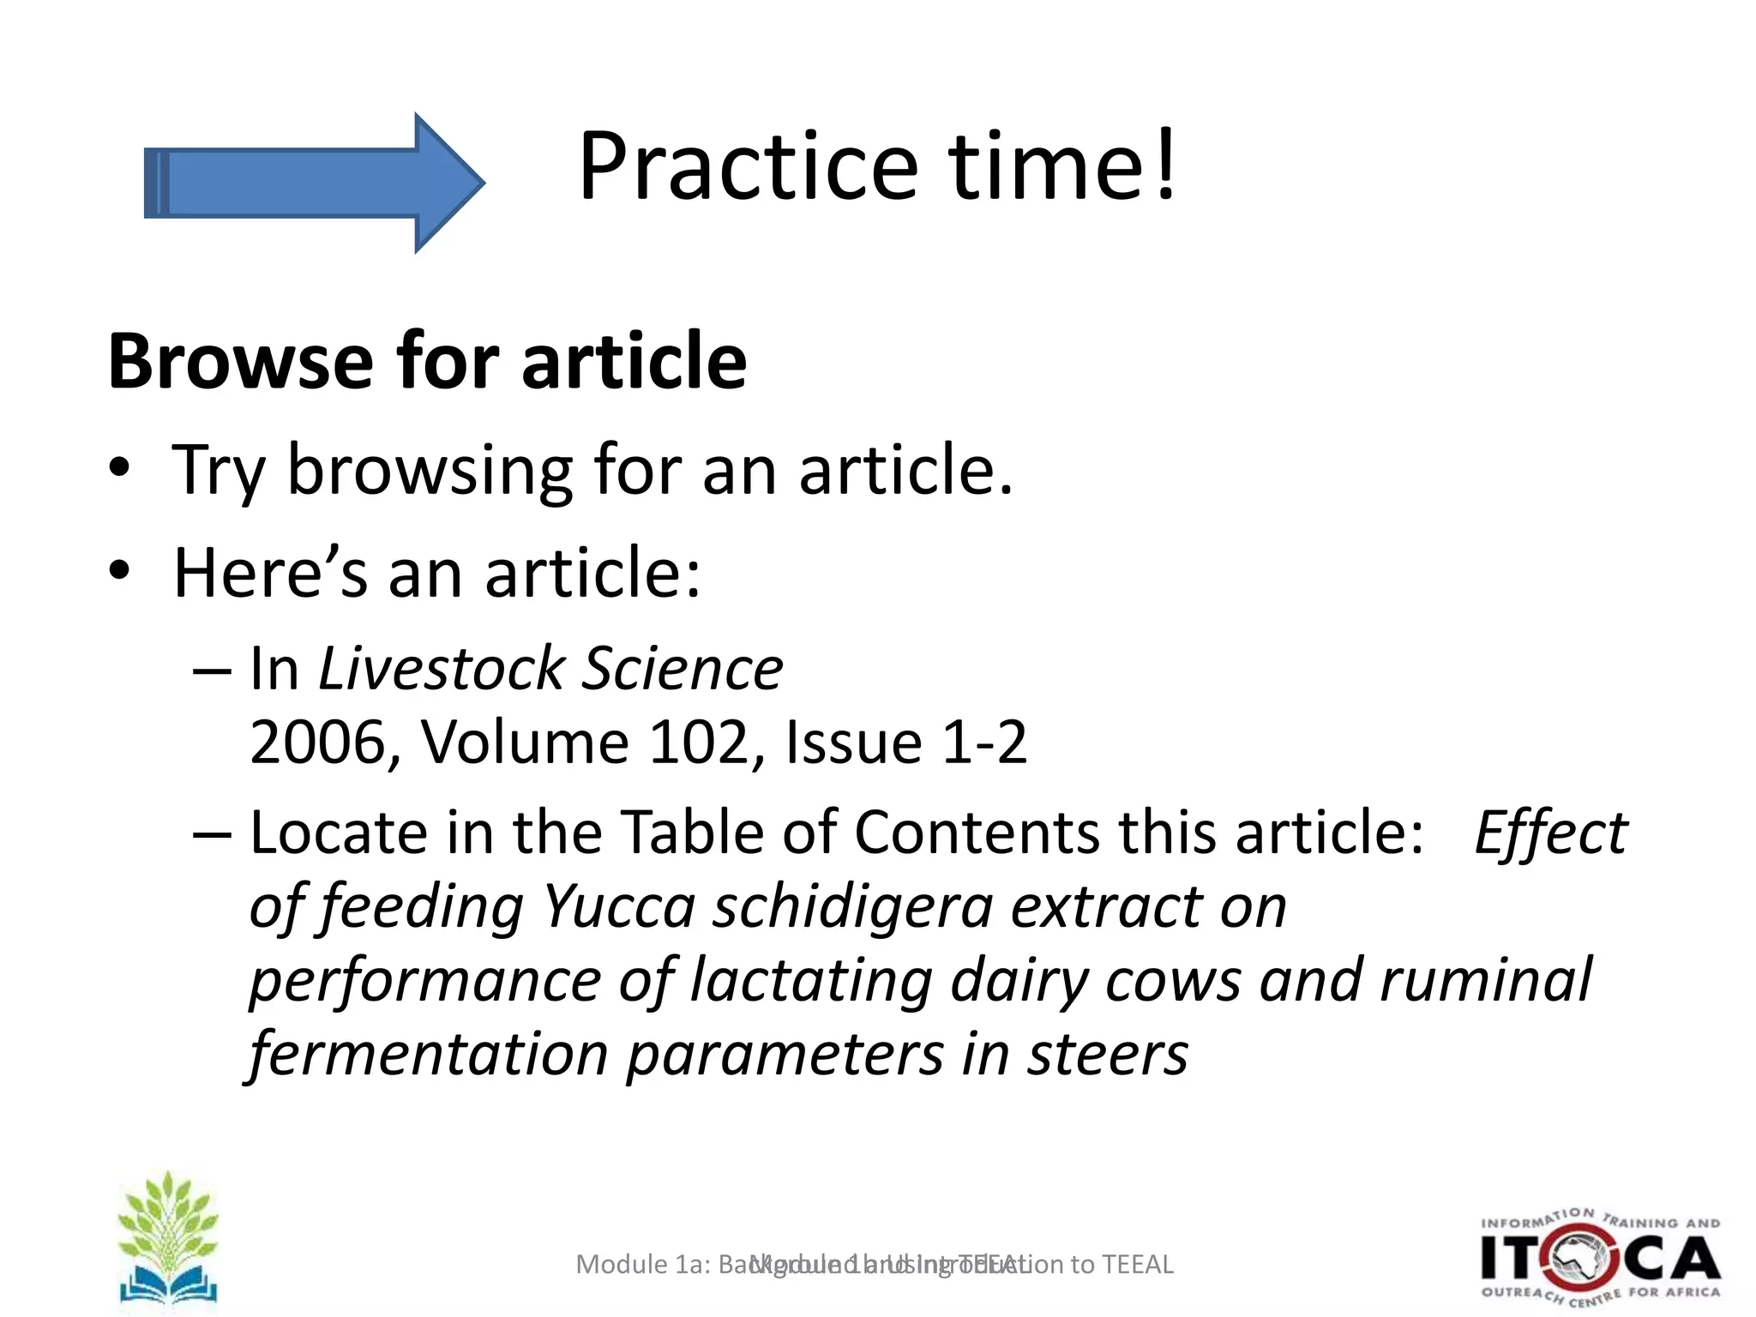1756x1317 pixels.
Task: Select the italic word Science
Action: (683, 669)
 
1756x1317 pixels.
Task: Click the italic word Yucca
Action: (619, 906)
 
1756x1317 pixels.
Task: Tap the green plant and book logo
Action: (168, 1239)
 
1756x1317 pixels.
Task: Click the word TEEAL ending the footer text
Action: (1137, 1265)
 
